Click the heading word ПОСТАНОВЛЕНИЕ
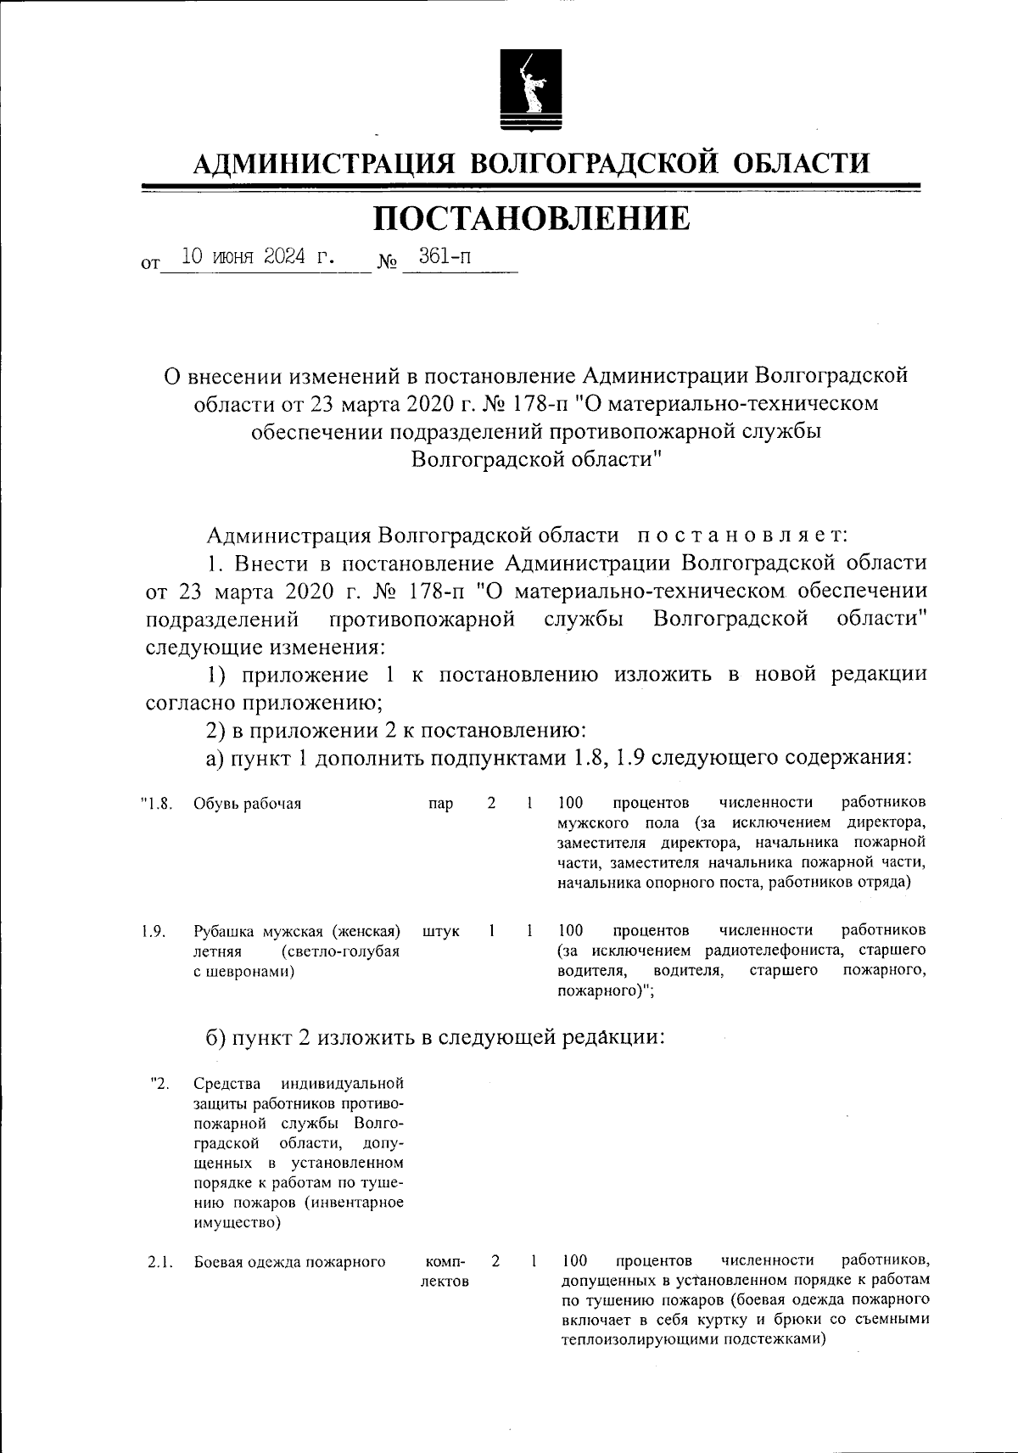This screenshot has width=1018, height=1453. click(532, 219)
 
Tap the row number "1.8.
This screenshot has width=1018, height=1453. click(157, 803)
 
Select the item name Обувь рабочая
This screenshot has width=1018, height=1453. click(248, 803)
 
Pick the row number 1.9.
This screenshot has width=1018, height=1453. click(153, 931)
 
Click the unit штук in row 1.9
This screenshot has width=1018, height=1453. click(441, 931)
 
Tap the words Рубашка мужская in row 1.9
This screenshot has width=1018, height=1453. click(260, 931)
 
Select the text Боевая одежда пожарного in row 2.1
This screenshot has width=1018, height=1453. click(290, 1262)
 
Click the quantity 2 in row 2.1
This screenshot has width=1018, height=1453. click(495, 1261)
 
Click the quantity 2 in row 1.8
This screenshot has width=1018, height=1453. click(491, 802)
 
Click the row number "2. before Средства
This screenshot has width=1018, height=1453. click(159, 1083)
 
